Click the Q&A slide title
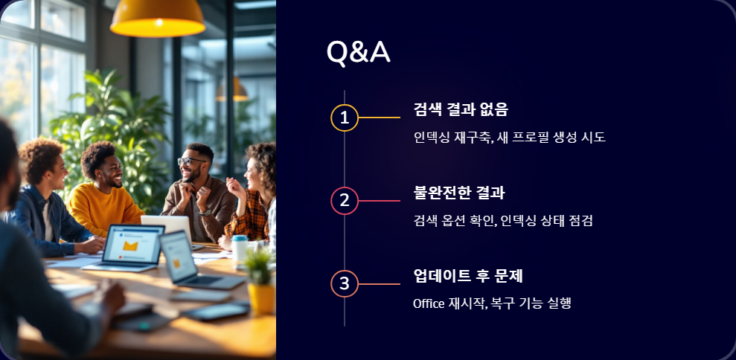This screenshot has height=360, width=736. tap(358, 52)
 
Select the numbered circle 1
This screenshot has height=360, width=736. tap(344, 118)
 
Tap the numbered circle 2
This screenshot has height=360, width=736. tap(344, 200)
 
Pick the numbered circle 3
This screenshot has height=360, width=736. tap(344, 283)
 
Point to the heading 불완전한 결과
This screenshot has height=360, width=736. tap(459, 193)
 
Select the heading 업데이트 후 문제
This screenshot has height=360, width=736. tap(468, 276)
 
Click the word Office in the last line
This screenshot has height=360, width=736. tap(429, 303)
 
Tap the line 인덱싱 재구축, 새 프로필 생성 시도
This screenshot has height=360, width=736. tap(509, 138)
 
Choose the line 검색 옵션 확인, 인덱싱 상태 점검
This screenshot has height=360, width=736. tap(502, 220)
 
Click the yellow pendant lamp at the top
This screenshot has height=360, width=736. tap(158, 18)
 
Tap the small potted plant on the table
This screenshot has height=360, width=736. tap(260, 279)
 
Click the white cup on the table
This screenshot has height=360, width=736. tap(240, 250)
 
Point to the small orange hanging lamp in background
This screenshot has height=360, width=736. tap(231, 90)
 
